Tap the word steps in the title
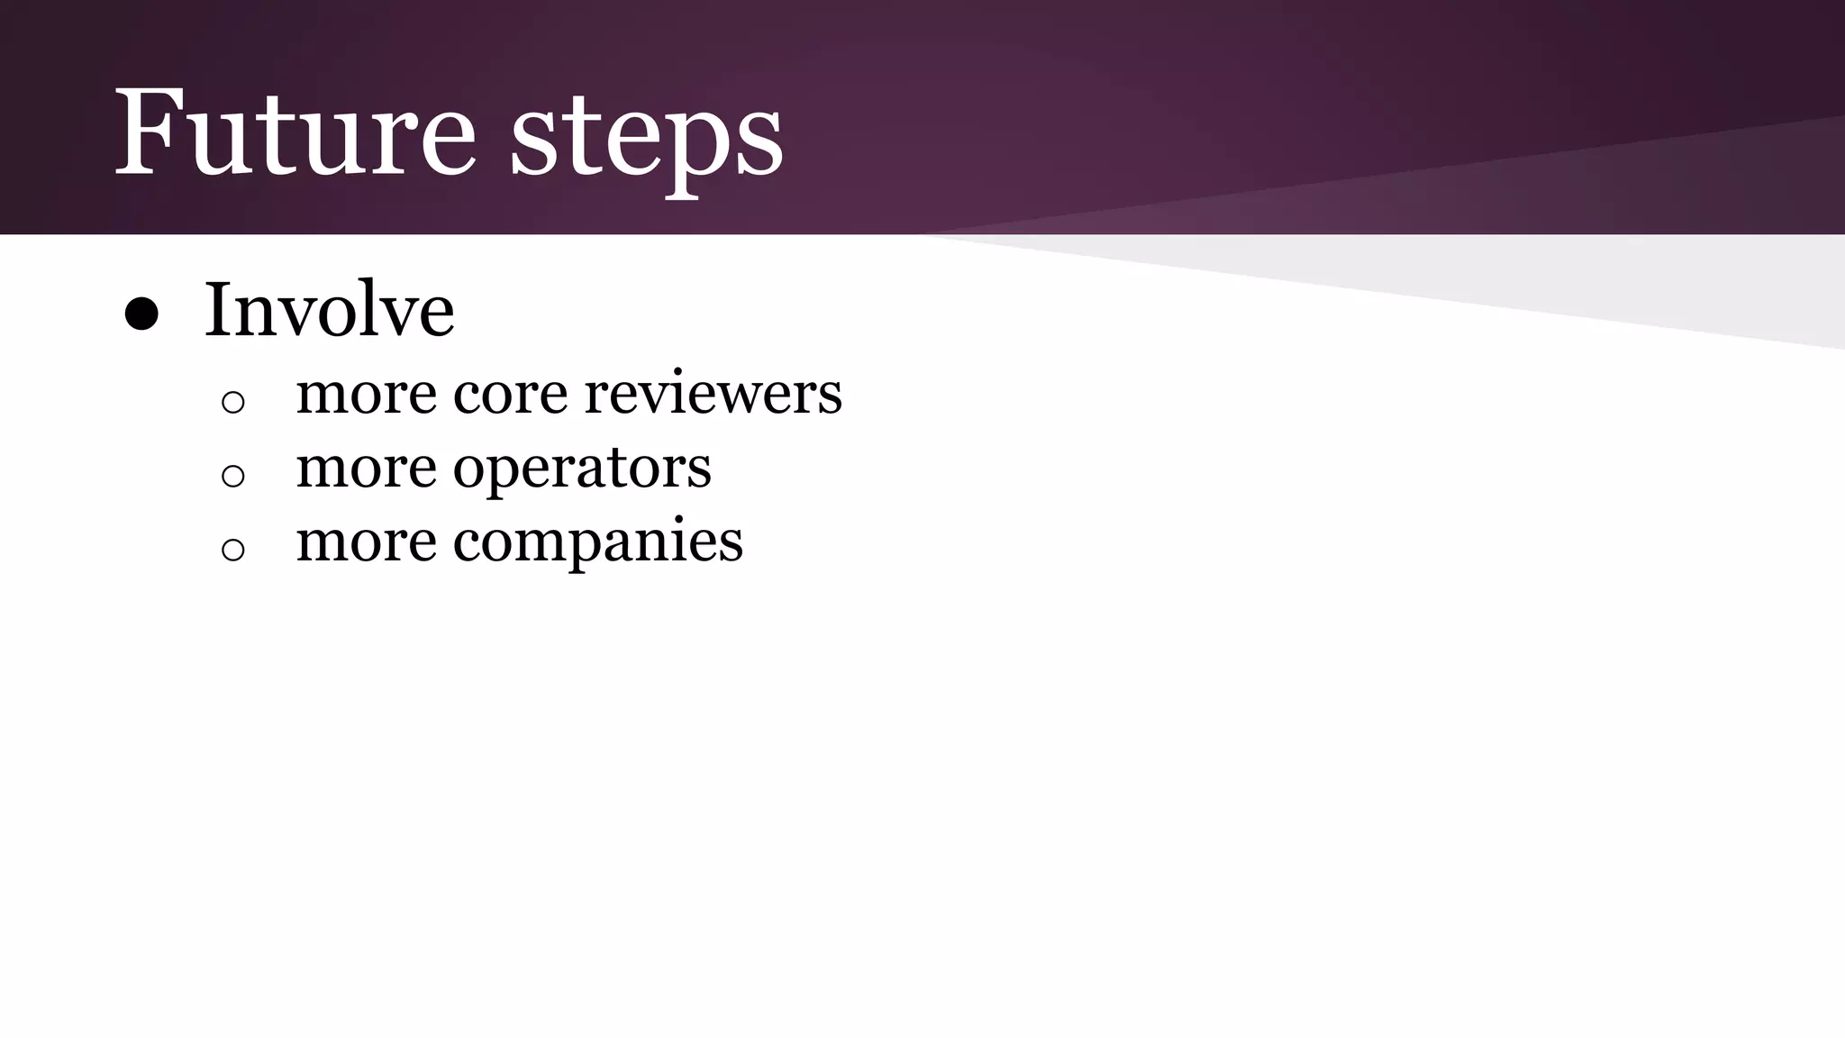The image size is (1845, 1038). coord(647,135)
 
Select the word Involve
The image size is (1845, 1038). coord(329,310)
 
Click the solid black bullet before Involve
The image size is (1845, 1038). coord(141,314)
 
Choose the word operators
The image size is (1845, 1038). coord(581,469)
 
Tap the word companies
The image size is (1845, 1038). coord(597,542)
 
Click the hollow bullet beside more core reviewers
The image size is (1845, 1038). coord(232,402)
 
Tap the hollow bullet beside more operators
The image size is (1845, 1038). coord(232,475)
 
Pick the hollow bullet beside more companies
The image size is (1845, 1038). coord(232,549)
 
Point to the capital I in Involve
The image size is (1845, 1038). coord(219,310)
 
